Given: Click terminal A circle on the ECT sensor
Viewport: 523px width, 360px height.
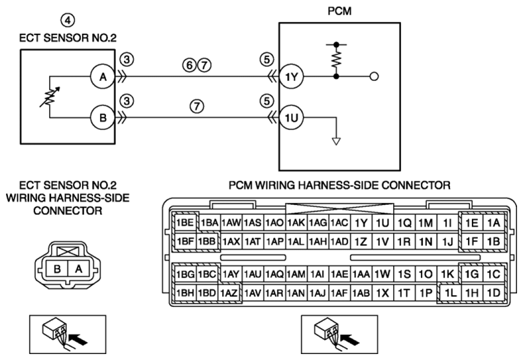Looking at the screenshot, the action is click(103, 77).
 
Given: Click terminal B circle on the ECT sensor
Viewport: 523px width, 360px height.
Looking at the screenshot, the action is click(103, 118).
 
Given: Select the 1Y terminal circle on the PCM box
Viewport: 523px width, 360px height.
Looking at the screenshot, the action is click(291, 77).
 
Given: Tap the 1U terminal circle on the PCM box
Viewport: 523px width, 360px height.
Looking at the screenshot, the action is click(291, 118).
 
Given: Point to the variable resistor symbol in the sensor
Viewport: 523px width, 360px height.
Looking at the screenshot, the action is click(50, 97).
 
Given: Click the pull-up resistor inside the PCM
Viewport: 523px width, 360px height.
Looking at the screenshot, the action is click(337, 60).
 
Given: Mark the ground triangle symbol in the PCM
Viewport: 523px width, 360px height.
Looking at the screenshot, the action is click(337, 141).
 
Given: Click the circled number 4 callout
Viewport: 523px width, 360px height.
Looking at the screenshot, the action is click(68, 21).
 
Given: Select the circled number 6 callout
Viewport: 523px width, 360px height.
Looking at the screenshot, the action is click(190, 65).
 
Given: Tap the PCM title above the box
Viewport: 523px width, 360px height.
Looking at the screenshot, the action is click(339, 11).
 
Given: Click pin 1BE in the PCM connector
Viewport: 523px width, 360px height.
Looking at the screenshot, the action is click(185, 222).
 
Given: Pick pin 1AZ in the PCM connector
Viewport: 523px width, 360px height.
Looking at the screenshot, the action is click(229, 293).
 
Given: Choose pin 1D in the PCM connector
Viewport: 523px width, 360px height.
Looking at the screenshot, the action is click(494, 293).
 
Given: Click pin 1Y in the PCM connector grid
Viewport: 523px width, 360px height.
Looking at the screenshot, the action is click(361, 223).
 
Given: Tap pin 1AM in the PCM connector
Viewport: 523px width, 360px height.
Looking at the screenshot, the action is click(296, 274).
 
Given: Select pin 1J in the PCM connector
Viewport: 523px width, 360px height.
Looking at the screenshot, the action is click(447, 241).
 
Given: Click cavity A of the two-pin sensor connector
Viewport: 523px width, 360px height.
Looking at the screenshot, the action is click(78, 269).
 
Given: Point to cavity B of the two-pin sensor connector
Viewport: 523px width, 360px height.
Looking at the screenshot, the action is click(58, 269).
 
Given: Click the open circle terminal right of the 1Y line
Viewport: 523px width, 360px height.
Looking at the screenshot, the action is click(375, 77).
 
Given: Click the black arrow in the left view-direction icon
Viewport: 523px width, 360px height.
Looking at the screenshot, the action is click(80, 340).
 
